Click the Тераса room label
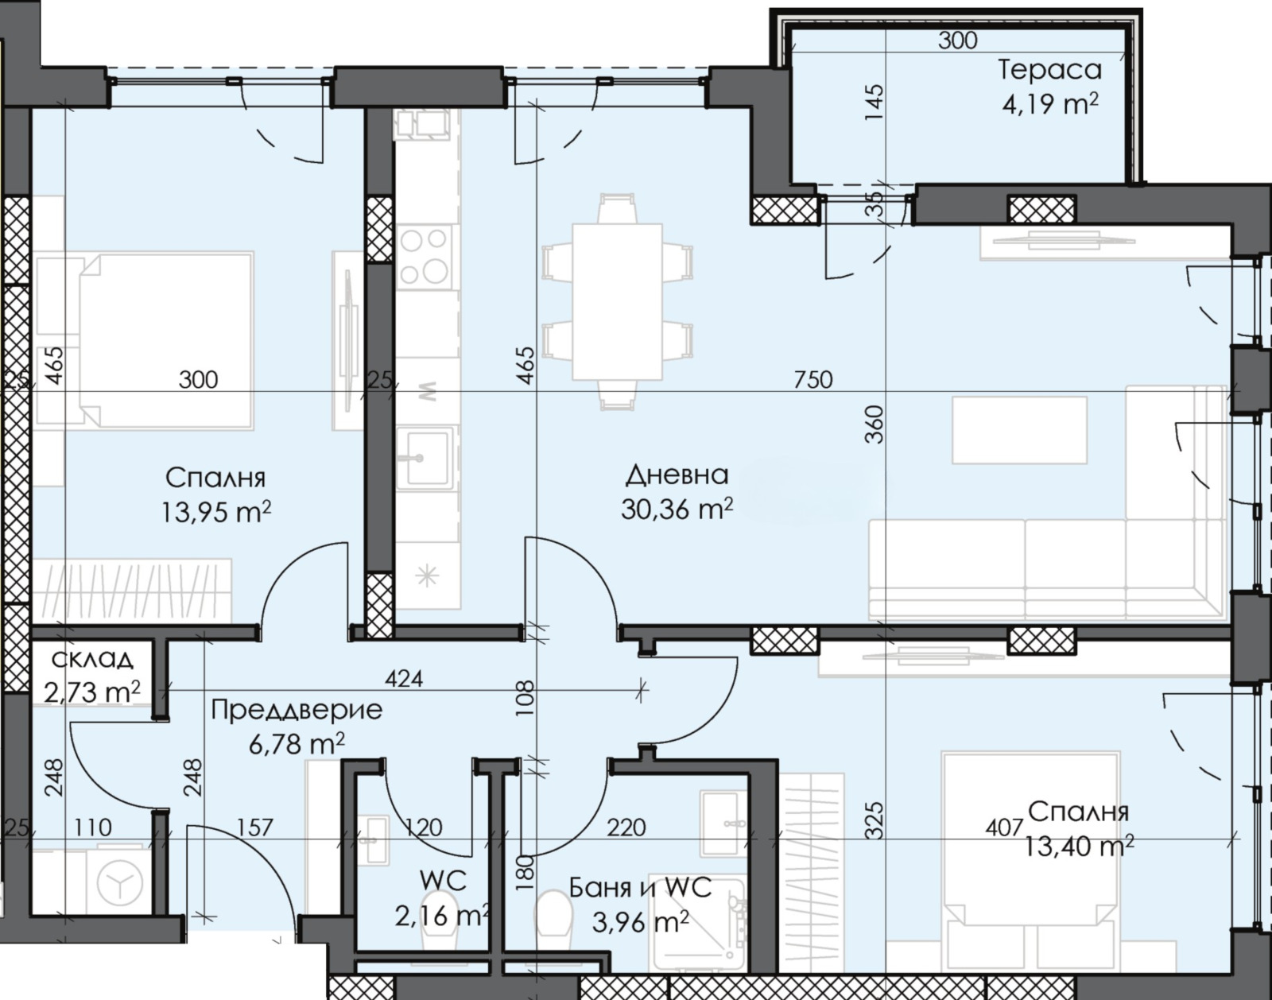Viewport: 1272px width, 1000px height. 1049,70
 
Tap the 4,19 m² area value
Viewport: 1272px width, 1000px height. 1049,105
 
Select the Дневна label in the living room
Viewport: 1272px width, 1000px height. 677,476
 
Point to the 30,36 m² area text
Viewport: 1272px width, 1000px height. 677,508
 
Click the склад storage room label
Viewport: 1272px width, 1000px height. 92,659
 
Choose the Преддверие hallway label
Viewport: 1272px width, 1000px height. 297,710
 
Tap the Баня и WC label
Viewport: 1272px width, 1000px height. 640,888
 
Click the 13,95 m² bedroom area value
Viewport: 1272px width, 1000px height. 216,512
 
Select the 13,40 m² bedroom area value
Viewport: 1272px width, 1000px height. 1080,847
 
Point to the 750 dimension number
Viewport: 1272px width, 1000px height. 813,379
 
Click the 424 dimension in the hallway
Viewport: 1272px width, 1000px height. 404,679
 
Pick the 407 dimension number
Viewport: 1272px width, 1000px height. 1003,826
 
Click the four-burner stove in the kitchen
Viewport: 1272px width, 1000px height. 423,256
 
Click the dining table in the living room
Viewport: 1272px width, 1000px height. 617,301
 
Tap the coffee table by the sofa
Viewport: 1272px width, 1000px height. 1020,430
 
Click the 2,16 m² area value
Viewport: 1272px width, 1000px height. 442,916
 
